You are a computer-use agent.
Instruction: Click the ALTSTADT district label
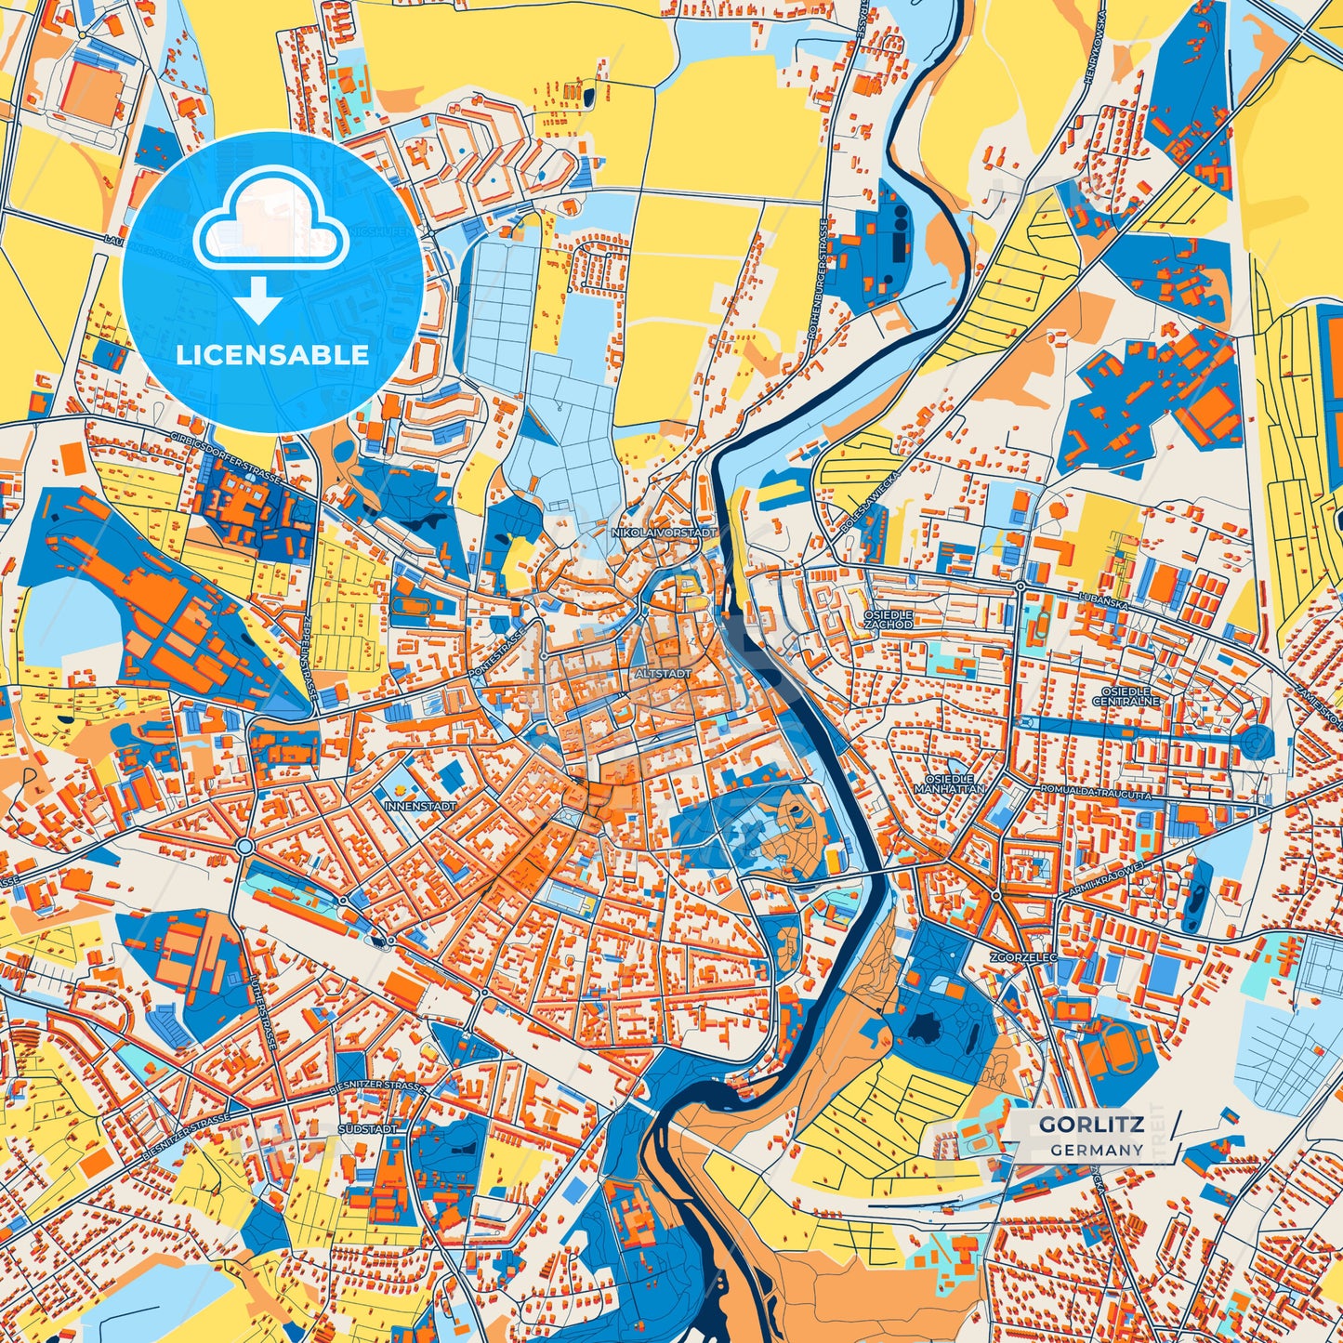coord(663,672)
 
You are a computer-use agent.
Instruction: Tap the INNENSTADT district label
coord(421,807)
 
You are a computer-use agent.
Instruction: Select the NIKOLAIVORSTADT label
coord(665,533)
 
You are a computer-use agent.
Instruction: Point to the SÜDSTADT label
coord(369,1128)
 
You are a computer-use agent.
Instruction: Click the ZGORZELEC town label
coord(1020,955)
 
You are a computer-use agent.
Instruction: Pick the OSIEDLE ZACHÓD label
coord(888,620)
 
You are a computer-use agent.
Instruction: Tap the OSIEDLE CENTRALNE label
coord(1126,697)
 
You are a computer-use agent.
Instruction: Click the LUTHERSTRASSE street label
coord(261,1009)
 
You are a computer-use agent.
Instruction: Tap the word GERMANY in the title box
coord(1098,1150)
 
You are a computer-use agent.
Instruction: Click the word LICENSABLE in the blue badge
coord(272,354)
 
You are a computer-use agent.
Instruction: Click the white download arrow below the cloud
coord(259,302)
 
